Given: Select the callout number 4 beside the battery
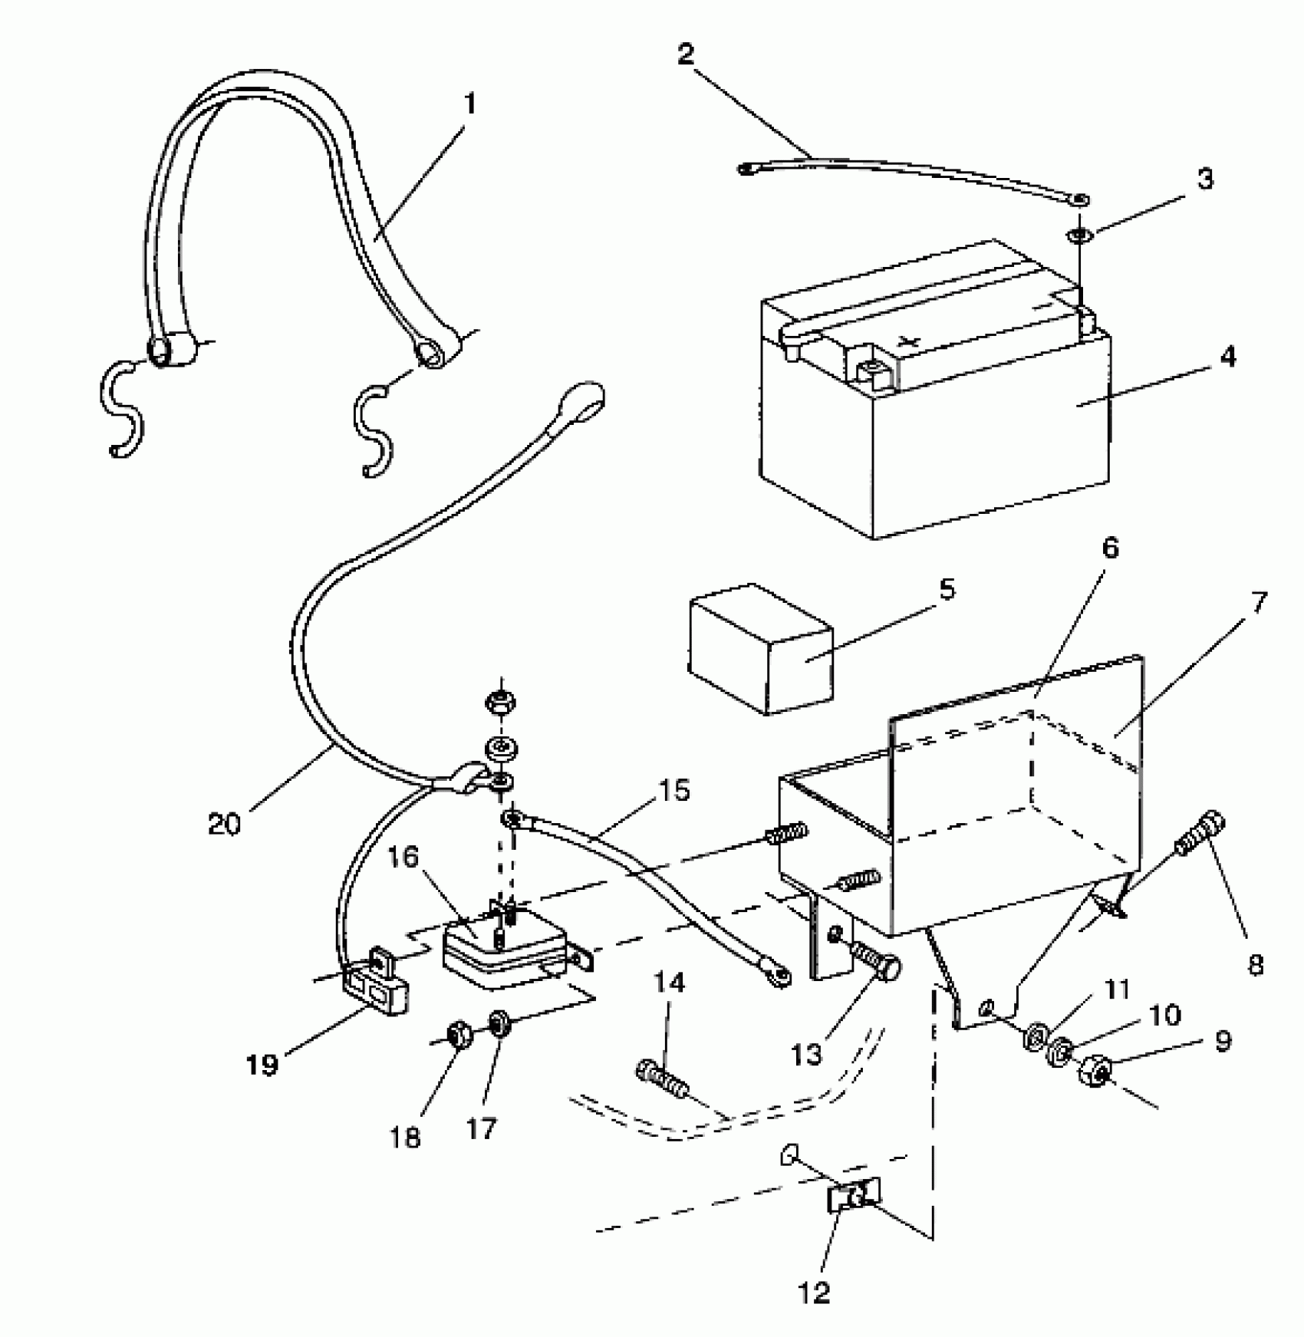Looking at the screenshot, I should point(1227,357).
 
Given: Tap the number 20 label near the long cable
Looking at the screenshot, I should point(224,824).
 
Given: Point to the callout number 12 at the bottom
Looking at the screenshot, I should point(815,1293).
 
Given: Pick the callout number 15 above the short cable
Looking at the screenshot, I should point(673,791).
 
